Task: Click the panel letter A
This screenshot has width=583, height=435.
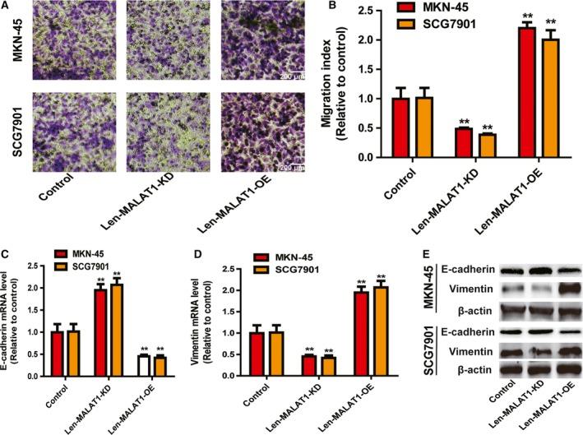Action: tap(7, 7)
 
